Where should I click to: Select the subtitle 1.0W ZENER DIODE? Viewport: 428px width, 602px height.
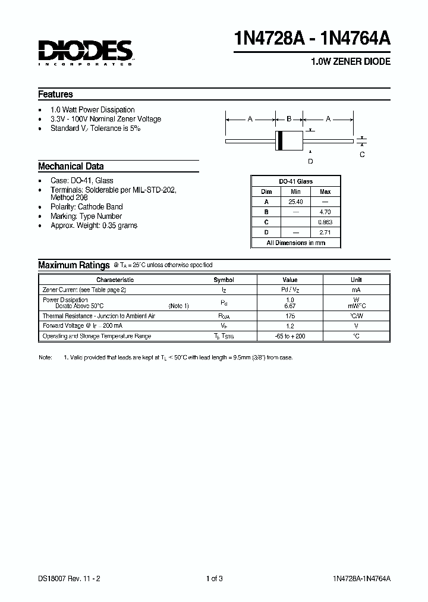pyautogui.click(x=351, y=62)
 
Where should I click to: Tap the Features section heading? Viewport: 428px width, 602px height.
pyautogui.click(x=55, y=94)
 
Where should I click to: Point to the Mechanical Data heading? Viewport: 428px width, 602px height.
pyautogui.click(x=71, y=167)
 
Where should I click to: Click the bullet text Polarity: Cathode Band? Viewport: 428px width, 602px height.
pyautogui.click(x=86, y=207)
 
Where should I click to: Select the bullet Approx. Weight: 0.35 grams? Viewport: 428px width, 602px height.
pyautogui.click(x=94, y=225)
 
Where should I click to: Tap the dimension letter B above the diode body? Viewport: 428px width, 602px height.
pyautogui.click(x=289, y=119)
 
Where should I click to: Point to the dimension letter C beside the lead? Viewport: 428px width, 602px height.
pyautogui.click(x=362, y=155)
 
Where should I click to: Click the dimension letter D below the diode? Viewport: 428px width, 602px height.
pyautogui.click(x=310, y=161)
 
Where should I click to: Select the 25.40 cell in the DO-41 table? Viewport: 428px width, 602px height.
pyautogui.click(x=296, y=202)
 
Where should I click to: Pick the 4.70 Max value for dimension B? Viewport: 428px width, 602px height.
pyautogui.click(x=325, y=211)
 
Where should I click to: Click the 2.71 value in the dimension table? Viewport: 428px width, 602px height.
pyautogui.click(x=325, y=232)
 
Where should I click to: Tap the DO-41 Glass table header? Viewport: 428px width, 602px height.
pyautogui.click(x=296, y=181)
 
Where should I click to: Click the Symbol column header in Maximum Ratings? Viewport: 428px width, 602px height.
pyautogui.click(x=224, y=280)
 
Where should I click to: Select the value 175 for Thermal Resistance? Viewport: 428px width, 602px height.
pyautogui.click(x=290, y=316)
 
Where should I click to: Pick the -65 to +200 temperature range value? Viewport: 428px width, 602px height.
pyautogui.click(x=290, y=336)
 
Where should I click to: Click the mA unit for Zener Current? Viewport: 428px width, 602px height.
pyautogui.click(x=355, y=290)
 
